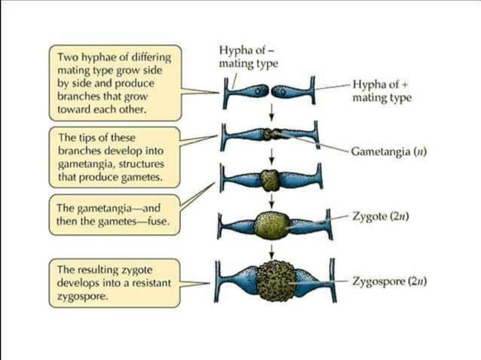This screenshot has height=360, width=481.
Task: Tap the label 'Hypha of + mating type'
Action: point(381,91)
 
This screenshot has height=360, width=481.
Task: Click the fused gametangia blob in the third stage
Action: point(271,180)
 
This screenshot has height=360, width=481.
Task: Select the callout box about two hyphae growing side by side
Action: point(115,83)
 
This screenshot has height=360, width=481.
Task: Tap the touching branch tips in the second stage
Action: point(271,136)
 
